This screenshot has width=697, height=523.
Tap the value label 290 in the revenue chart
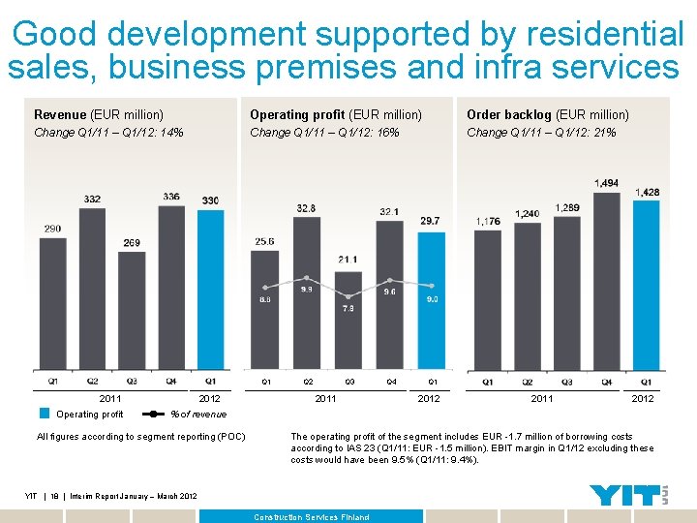click(51, 229)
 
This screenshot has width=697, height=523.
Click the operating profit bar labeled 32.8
click(306, 291)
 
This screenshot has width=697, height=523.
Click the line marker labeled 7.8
click(348, 295)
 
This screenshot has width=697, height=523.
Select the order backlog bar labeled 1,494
click(606, 281)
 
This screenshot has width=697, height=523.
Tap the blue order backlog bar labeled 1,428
click(647, 286)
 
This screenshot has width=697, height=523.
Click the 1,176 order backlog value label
click(488, 222)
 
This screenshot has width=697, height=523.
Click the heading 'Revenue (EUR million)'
click(99, 115)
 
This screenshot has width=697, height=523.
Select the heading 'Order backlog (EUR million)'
click(548, 115)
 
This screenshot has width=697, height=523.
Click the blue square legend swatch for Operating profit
click(45, 414)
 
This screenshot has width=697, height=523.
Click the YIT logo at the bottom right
click(630, 495)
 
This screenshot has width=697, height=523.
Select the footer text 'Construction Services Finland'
click(312, 517)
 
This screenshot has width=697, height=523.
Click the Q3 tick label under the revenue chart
click(132, 382)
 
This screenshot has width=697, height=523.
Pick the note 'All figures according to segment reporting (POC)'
click(140, 437)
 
